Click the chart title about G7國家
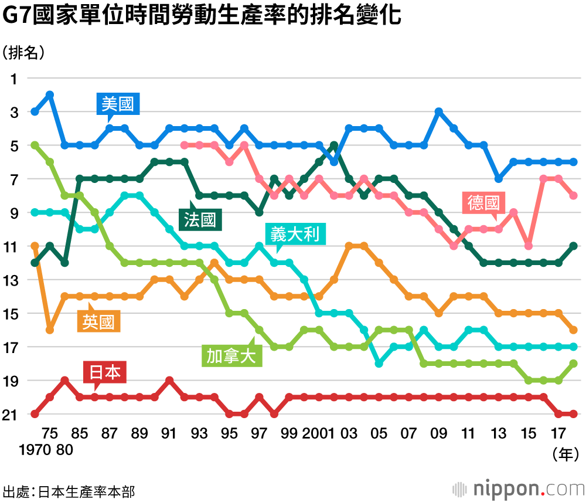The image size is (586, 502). point(202,16)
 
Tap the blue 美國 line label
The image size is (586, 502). point(117,105)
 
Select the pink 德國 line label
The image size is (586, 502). point(483,203)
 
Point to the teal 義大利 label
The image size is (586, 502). point(295,235)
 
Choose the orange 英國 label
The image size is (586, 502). point(99,321)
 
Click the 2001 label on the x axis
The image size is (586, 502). point(319,433)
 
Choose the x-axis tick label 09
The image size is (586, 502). point(438,433)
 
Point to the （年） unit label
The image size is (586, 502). point(565,452)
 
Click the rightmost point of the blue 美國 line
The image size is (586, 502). point(573,162)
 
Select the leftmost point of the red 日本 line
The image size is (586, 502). point(35,414)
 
